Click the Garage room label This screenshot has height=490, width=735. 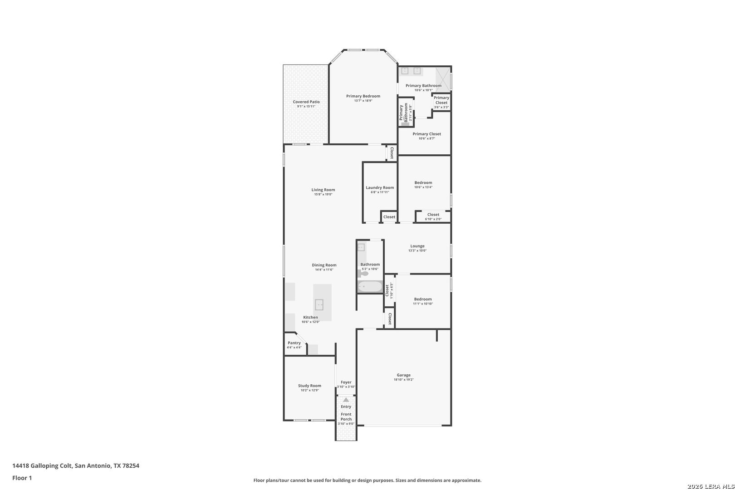(x=404, y=375)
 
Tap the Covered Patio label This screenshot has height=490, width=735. (x=306, y=102)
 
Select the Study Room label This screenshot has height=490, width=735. (x=310, y=386)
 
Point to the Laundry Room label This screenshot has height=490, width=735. (x=380, y=188)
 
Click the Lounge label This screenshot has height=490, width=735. (x=417, y=246)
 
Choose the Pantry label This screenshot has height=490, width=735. (x=294, y=343)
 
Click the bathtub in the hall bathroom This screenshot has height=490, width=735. (x=370, y=287)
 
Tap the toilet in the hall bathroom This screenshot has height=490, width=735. (x=363, y=274)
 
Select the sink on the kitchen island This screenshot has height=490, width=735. (x=319, y=304)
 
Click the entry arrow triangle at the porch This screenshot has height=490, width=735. (x=346, y=400)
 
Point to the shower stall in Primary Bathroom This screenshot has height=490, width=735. (x=443, y=79)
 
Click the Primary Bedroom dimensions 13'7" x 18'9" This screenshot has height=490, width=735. (x=363, y=101)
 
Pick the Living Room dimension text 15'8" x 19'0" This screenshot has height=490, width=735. (x=323, y=194)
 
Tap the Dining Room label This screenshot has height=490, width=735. (x=324, y=265)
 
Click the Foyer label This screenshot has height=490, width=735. (x=346, y=382)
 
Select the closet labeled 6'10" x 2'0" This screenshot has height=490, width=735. (x=433, y=216)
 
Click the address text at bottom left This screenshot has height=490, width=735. (x=76, y=465)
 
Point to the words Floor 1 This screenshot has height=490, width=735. (x=22, y=478)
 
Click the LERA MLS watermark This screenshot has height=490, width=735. (x=710, y=486)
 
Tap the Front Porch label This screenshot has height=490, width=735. (x=346, y=417)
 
